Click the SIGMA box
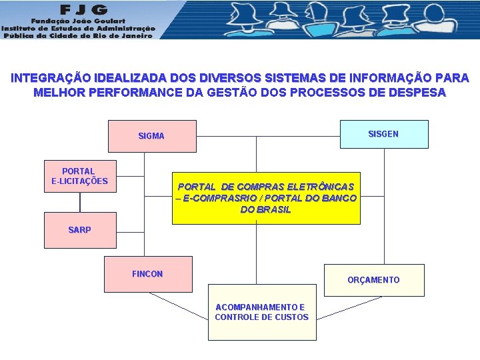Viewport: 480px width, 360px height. point(153,136)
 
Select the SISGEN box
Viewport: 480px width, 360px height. point(383,134)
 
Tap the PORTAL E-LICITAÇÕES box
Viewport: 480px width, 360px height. point(79,177)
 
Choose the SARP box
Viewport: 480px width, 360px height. point(79,230)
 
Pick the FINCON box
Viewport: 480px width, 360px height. point(147,274)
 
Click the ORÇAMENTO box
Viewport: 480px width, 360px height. point(373,280)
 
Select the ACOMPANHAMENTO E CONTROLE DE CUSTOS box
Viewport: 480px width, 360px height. point(261,312)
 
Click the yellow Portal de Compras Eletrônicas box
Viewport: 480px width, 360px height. point(266,198)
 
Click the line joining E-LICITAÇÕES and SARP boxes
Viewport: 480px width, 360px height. point(80,202)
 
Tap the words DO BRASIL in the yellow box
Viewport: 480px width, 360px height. point(265,209)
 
